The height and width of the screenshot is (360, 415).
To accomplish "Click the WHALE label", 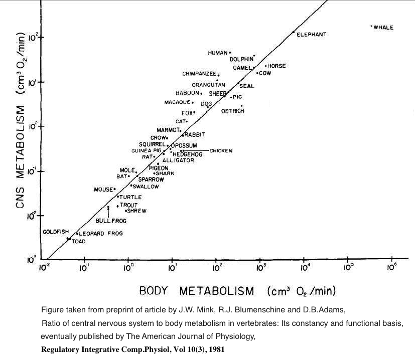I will pyautogui.click(x=383, y=28).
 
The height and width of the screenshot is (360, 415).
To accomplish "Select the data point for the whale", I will pyautogui.click(x=371, y=26).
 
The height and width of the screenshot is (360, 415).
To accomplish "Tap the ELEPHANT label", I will pyautogui.click(x=311, y=35).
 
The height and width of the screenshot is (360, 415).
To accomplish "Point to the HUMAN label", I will pyautogui.click(x=218, y=53).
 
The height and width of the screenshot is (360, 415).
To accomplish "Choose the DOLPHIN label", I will pyautogui.click(x=241, y=59).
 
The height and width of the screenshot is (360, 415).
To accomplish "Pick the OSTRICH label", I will pyautogui.click(x=232, y=111).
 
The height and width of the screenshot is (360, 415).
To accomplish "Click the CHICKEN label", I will pyautogui.click(x=221, y=150).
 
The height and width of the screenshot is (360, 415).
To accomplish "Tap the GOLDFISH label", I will pyautogui.click(x=55, y=232).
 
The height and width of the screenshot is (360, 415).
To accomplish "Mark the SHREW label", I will pyautogui.click(x=136, y=211).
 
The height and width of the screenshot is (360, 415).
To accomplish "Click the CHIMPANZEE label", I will pyautogui.click(x=199, y=74).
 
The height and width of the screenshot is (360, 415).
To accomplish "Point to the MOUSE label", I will pyautogui.click(x=103, y=190).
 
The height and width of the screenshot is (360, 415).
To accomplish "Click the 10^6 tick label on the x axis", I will pyautogui.click(x=391, y=267).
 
